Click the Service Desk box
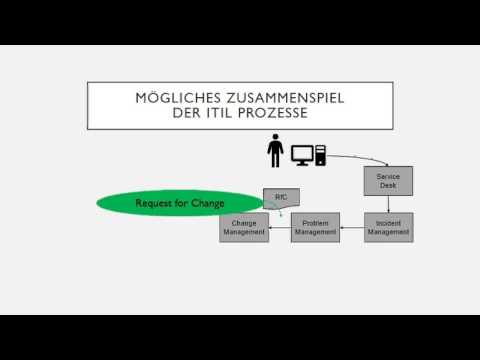point(381,182)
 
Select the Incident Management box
point(389,227)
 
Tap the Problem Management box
point(316,227)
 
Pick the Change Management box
point(244,227)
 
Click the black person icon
point(275,152)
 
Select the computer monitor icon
point(302,154)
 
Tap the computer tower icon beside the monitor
point(320,154)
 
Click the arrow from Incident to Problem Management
point(352,228)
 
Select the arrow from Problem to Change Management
point(280,228)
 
